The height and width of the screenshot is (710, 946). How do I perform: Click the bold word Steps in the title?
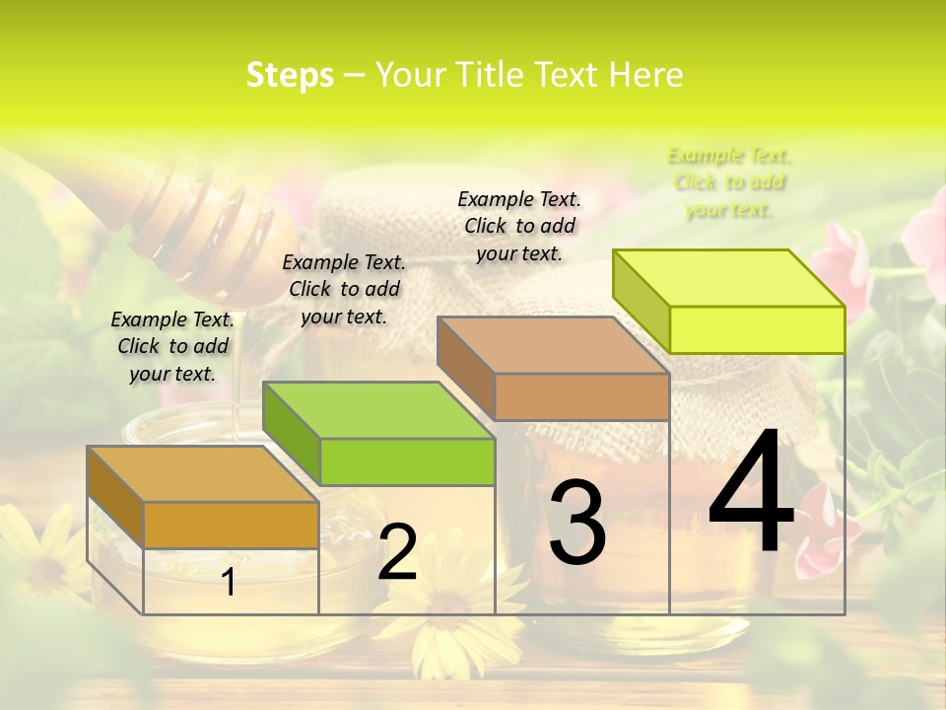(290, 75)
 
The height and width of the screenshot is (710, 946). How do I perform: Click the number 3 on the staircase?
(576, 523)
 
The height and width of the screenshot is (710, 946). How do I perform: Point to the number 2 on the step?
(397, 552)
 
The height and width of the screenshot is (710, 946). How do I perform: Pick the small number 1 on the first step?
(229, 582)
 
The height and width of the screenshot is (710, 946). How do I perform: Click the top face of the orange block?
(203, 474)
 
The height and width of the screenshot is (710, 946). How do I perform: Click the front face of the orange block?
(231, 525)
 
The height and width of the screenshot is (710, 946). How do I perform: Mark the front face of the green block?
(407, 461)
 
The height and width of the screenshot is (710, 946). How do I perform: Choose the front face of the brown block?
(581, 396)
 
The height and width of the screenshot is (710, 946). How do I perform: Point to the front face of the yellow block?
(757, 329)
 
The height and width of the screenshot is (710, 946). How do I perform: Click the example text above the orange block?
(172, 346)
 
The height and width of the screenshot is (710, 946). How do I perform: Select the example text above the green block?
(344, 289)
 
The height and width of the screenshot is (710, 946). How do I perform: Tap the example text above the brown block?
(519, 226)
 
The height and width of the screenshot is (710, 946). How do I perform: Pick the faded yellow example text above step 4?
(729, 182)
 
